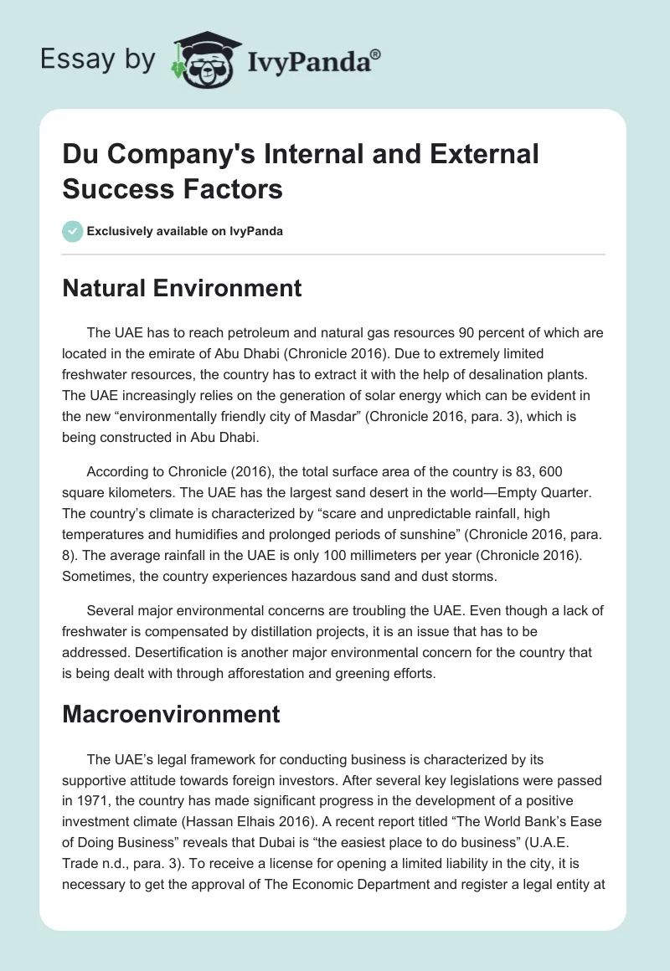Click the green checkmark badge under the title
point(73,231)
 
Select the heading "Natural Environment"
point(182,289)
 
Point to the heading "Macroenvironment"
point(171,714)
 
